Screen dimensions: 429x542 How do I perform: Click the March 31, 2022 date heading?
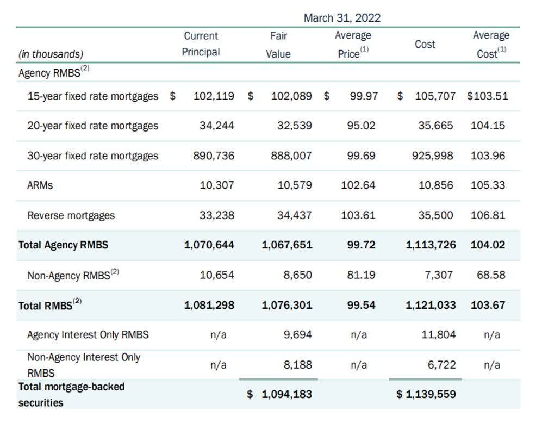(342, 18)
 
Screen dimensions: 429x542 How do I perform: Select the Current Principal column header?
(201, 44)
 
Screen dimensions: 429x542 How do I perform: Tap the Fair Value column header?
(278, 45)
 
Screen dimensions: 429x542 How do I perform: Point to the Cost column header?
(425, 45)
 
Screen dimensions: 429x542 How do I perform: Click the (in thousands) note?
(51, 54)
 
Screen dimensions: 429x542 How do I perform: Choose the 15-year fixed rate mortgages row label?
(92, 96)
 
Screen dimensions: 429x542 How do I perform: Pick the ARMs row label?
(40, 185)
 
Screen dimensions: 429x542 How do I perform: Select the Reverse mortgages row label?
(71, 215)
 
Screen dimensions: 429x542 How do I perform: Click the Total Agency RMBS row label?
(63, 245)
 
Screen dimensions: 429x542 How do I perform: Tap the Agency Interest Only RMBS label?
(88, 335)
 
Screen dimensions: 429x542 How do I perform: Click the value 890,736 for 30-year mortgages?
(214, 156)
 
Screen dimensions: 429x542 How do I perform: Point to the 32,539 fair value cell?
(295, 126)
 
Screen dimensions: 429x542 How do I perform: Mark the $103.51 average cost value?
(487, 96)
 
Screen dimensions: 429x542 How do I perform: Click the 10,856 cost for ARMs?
(435, 185)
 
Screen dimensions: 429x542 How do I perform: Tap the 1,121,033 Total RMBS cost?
(431, 305)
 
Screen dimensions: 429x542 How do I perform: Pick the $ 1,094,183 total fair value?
(280, 394)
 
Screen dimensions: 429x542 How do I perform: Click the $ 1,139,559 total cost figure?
(426, 394)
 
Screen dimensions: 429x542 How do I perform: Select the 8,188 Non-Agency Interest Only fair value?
(298, 365)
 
